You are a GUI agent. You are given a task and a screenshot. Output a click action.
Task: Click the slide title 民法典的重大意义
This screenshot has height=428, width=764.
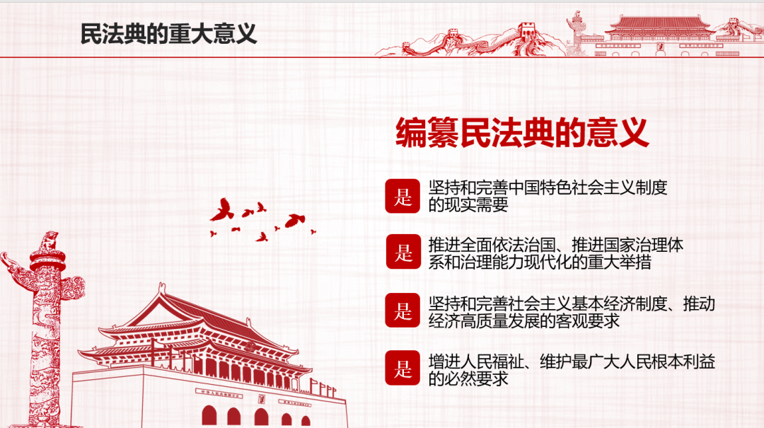click(x=168, y=34)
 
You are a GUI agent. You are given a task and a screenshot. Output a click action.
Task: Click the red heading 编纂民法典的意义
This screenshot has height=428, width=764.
click(x=522, y=132)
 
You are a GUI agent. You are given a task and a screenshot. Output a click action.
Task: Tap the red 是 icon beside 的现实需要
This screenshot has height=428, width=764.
click(x=403, y=196)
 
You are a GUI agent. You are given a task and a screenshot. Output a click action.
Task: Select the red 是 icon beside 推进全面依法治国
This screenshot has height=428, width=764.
click(x=403, y=252)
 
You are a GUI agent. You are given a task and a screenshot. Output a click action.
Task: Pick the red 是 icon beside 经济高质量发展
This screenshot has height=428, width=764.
click(x=403, y=310)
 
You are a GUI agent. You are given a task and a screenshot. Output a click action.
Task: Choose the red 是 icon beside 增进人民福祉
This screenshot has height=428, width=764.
click(x=403, y=368)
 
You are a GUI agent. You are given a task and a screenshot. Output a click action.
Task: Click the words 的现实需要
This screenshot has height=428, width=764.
click(x=468, y=204)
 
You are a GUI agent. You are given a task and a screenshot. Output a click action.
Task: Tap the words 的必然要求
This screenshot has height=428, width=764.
click(x=468, y=378)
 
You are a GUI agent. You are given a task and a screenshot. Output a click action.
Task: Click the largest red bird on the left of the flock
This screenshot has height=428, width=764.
click(x=222, y=209)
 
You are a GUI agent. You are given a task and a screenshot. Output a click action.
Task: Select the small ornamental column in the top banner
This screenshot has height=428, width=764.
click(x=577, y=33)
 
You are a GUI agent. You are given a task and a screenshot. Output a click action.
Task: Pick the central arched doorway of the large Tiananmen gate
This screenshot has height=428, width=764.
click(x=261, y=417)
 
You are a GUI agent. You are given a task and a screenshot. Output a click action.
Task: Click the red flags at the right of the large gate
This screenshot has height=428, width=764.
click(x=323, y=388)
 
